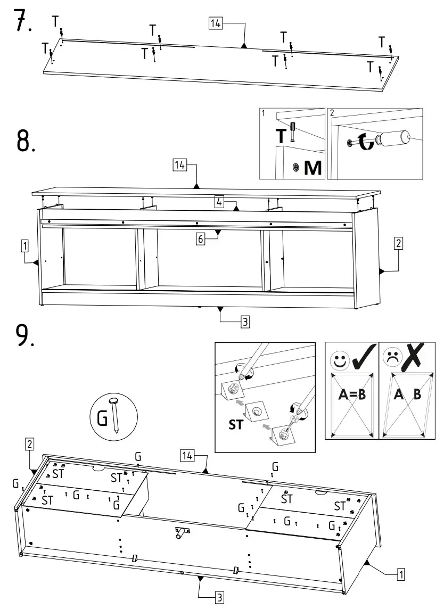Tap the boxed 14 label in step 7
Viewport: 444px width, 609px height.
click(216, 23)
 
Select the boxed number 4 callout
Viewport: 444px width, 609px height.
click(219, 201)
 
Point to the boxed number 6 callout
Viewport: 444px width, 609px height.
click(201, 240)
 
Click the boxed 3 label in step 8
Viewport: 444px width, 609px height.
click(244, 322)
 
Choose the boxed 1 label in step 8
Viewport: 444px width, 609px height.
click(24, 245)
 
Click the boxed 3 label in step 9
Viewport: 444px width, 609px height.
click(219, 598)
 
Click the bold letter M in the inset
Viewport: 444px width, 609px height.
click(313, 168)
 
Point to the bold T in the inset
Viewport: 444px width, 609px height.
click(280, 136)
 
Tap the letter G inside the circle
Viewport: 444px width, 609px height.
click(102, 418)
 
